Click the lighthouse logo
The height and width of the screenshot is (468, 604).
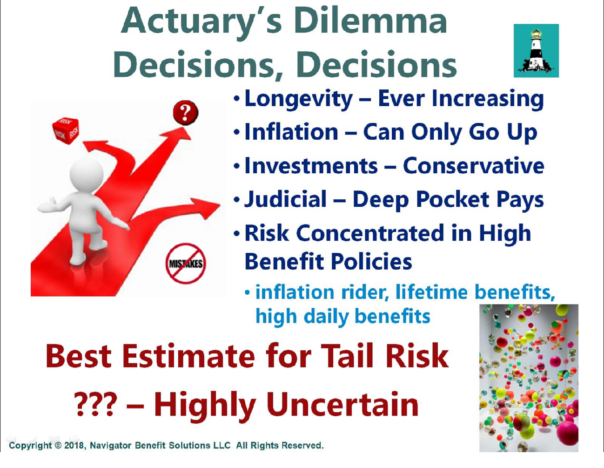coord(536,51)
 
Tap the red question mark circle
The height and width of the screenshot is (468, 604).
coord(185,113)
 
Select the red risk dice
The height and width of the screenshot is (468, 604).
coord(66,130)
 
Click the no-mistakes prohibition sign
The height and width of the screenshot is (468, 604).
coord(186,263)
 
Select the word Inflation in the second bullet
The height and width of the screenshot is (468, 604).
coord(291,132)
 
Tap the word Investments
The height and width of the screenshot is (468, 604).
coord(311,166)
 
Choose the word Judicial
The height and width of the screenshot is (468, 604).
coord(285,200)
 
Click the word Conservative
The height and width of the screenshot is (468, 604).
coord(473,166)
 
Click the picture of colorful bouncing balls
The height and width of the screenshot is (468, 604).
coord(529,378)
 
